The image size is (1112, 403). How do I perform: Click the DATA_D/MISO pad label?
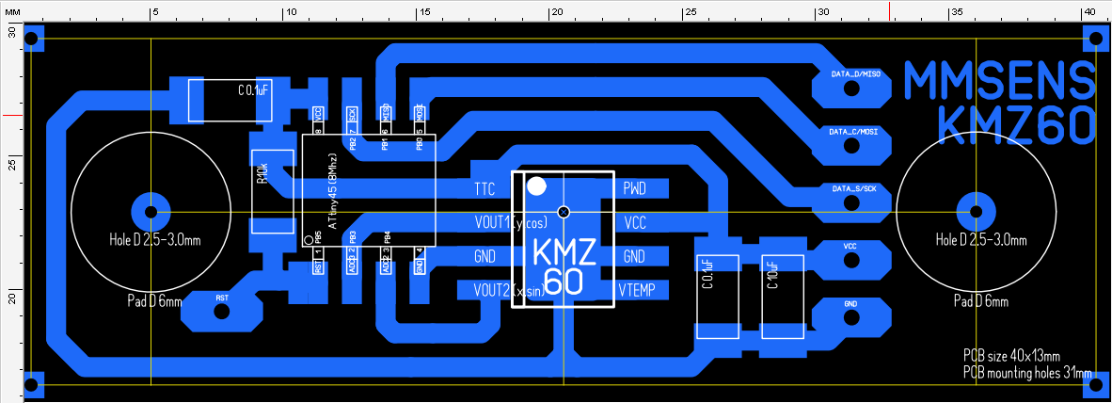click(855, 73)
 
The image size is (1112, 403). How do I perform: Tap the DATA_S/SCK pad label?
click(853, 188)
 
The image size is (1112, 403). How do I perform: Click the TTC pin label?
click(485, 189)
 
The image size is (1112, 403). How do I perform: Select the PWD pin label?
click(635, 189)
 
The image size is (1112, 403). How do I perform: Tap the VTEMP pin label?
click(642, 288)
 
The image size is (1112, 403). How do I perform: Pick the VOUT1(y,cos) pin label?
click(510, 223)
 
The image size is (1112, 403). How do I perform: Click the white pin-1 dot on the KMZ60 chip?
click(536, 185)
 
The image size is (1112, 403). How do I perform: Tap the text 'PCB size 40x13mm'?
click(1011, 356)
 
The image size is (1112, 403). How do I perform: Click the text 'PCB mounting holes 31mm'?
click(1027, 373)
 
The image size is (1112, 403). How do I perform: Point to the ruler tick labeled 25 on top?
click(690, 12)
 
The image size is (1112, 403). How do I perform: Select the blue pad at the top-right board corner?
click(1095, 39)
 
